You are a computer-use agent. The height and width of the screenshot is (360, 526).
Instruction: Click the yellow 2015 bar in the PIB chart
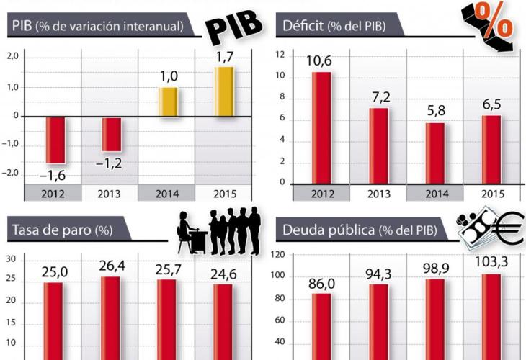tap(224, 91)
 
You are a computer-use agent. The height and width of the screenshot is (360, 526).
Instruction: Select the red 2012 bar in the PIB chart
tap(55, 140)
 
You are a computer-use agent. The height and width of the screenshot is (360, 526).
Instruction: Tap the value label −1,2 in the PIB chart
tap(110, 163)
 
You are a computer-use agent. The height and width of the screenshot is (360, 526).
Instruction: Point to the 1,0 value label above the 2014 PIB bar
tap(167, 75)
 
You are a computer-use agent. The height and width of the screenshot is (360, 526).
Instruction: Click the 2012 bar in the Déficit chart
tap(321, 127)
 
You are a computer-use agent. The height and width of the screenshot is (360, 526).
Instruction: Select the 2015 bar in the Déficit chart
tap(491, 149)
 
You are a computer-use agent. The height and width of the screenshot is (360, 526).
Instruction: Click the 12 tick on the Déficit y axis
tap(280, 55)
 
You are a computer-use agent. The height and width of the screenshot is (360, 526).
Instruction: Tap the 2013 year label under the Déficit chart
tap(378, 193)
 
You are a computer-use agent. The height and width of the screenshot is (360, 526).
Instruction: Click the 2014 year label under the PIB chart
tap(167, 193)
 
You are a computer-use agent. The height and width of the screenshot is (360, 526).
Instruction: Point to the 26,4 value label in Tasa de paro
tap(111, 267)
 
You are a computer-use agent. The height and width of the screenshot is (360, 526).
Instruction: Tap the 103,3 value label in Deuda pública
tap(491, 263)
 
